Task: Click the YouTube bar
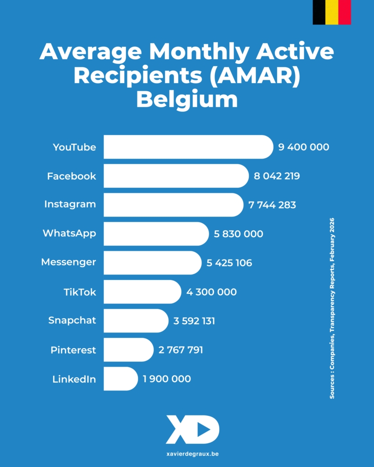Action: (x=187, y=147)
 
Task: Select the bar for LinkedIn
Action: (x=120, y=379)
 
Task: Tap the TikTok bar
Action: (x=142, y=292)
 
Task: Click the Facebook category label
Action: (x=72, y=176)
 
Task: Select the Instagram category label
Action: (x=70, y=204)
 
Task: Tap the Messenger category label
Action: (x=68, y=262)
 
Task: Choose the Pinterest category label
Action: (x=73, y=350)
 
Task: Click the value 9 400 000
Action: (x=303, y=147)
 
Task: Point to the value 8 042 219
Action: (x=277, y=176)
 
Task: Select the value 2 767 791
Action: (x=180, y=350)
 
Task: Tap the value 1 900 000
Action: (x=167, y=379)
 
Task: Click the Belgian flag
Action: (x=332, y=12)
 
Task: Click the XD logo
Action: (x=192, y=429)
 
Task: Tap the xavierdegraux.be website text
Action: (x=187, y=454)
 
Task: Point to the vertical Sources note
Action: (x=332, y=308)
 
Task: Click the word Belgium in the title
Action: (x=187, y=99)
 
